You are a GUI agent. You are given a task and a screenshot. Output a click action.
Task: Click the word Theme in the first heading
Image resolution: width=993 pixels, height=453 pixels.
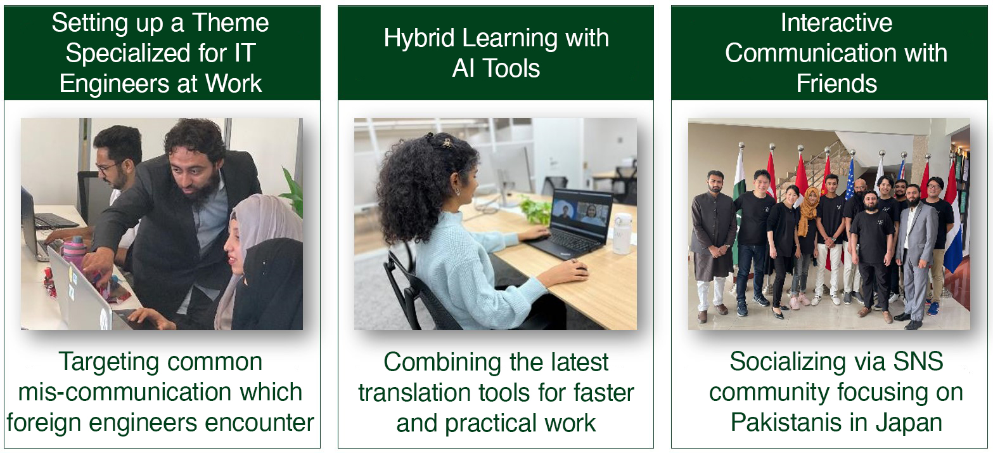(231, 22)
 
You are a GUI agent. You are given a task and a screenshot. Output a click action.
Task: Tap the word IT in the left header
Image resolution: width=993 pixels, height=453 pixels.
(245, 53)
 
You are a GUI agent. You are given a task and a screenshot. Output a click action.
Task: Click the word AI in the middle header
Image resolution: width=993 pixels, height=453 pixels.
(463, 69)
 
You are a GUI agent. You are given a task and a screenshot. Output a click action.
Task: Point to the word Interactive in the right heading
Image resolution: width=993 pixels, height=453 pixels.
(836, 22)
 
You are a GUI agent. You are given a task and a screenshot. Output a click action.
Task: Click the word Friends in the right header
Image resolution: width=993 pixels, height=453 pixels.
(836, 83)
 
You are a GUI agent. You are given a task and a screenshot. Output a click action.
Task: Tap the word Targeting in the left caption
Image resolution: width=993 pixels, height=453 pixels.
(109, 362)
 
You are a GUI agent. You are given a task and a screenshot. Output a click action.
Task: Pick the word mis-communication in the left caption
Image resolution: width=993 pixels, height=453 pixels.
(124, 392)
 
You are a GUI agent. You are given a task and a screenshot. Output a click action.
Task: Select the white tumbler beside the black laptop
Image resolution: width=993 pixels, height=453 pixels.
(623, 233)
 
